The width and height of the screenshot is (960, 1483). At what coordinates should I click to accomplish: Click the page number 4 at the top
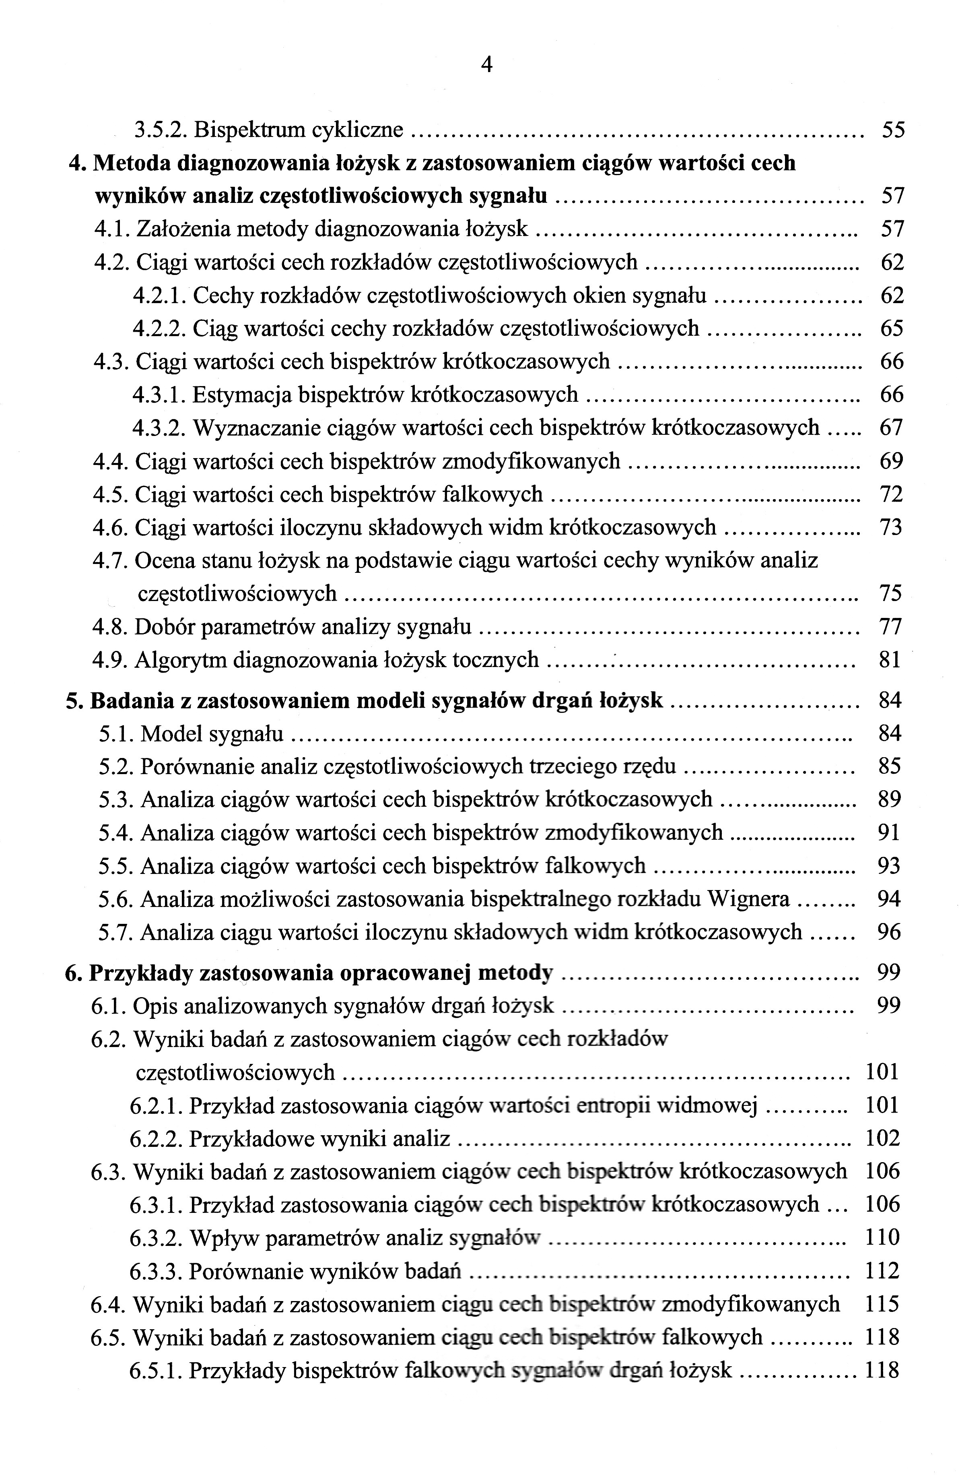[487, 64]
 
